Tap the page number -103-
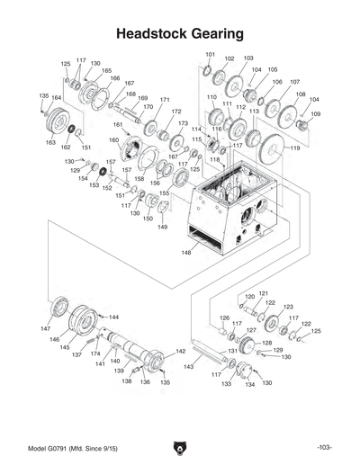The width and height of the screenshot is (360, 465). (325, 448)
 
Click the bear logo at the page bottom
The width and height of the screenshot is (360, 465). (179, 447)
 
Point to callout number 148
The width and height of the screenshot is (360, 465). (186, 253)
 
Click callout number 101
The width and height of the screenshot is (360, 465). (209, 56)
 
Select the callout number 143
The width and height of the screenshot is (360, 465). (188, 367)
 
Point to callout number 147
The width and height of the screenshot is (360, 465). (45, 330)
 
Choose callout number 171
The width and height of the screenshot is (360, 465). (165, 99)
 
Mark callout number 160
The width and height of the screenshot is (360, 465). (113, 140)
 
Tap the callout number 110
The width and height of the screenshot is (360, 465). (211, 96)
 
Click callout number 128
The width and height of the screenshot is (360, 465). (267, 343)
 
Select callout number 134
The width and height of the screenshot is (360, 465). (250, 384)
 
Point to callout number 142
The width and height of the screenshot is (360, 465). (181, 351)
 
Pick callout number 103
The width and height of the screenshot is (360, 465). (248, 58)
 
